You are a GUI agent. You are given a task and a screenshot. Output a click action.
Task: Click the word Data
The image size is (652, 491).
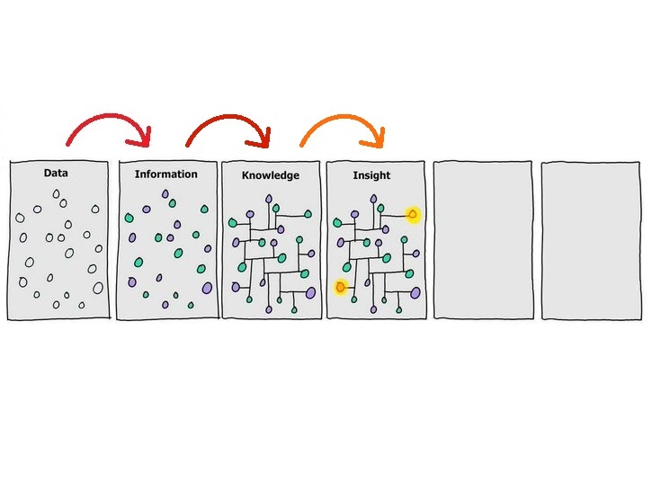click(56, 173)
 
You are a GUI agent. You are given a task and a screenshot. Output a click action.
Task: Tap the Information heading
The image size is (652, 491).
click(165, 174)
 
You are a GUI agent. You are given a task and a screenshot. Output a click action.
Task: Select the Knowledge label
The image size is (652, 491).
click(270, 175)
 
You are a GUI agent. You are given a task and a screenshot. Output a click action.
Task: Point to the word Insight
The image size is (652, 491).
click(371, 175)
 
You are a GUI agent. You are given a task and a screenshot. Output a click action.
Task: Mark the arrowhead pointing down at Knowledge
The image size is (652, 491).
click(263, 138)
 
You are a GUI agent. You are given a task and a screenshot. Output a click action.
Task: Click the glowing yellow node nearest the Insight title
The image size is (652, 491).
click(413, 214)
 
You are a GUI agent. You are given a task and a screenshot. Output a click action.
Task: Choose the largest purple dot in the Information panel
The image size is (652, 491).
click(207, 288)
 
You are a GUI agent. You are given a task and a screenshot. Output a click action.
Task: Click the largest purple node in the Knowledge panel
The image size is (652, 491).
click(310, 292)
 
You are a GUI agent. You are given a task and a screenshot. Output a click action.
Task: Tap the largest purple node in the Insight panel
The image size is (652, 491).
click(415, 292)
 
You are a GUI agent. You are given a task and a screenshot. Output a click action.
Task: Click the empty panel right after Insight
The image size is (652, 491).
click(482, 239)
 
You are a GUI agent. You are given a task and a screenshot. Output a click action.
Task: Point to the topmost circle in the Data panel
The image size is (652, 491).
click(58, 194)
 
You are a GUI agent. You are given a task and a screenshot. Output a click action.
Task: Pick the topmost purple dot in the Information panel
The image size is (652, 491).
click(165, 194)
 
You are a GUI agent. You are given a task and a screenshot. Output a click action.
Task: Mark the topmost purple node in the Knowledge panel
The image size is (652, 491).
click(268, 199)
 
